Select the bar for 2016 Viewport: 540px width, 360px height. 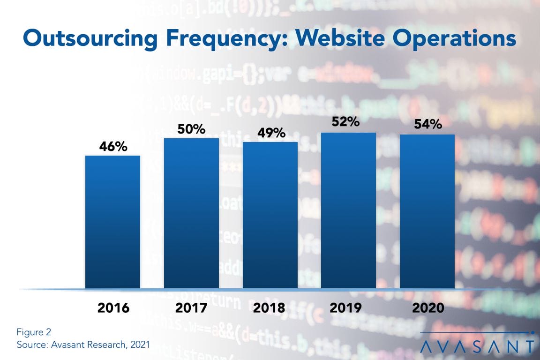(x=112, y=222)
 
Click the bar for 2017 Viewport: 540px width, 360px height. (x=191, y=213)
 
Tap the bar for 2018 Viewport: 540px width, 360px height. (x=270, y=215)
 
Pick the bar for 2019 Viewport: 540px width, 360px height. (x=348, y=210)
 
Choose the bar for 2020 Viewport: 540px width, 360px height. (x=427, y=211)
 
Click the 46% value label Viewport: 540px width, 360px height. (x=113, y=147)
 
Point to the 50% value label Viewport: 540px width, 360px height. (x=191, y=129)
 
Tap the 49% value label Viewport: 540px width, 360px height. (x=271, y=133)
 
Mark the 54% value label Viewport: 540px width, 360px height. (x=427, y=125)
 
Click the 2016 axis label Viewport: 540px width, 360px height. (x=113, y=308)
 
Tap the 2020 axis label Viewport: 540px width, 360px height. (x=427, y=308)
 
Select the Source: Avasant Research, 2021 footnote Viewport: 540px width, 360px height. (x=83, y=345)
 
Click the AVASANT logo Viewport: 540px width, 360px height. (x=477, y=346)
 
